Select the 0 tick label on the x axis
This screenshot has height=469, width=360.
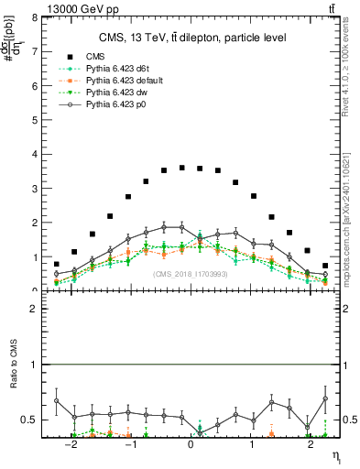click(191, 446)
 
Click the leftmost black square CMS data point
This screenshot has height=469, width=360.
click(57, 264)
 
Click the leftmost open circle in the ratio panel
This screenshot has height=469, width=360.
click(57, 400)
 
